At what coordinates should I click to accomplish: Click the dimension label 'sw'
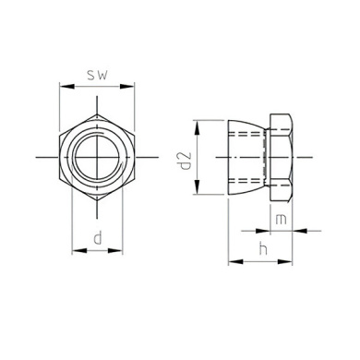click(97, 75)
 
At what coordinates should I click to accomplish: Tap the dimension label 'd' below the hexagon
click(98, 238)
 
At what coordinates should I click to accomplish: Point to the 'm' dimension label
click(281, 220)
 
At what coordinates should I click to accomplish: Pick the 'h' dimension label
click(263, 248)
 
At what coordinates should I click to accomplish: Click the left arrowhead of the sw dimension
click(66, 87)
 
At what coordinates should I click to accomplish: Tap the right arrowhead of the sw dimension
click(127, 87)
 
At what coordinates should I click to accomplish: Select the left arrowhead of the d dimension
click(79, 251)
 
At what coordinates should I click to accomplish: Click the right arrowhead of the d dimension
click(115, 251)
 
